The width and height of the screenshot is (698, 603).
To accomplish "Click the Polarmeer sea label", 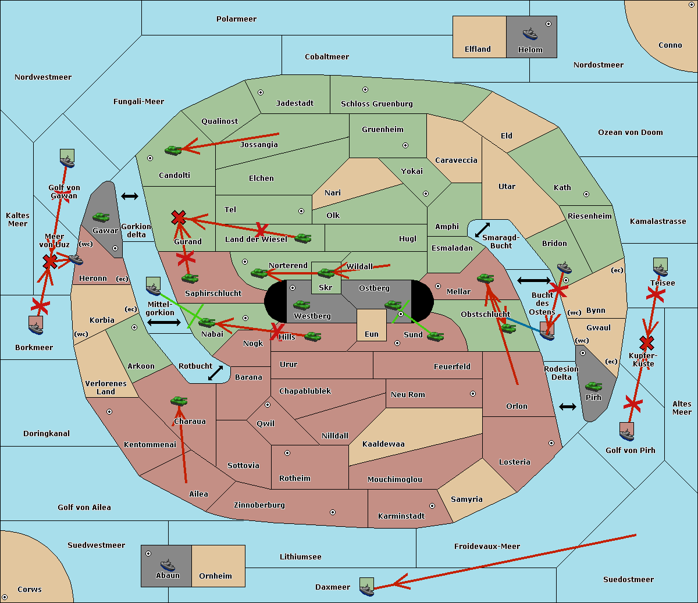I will click(x=236, y=19).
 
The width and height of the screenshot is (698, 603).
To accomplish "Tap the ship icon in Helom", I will click(x=530, y=34).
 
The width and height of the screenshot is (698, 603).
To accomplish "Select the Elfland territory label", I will click(x=478, y=49).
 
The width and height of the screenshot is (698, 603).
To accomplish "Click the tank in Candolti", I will click(x=173, y=150).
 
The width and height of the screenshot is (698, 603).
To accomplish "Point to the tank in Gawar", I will click(x=101, y=217).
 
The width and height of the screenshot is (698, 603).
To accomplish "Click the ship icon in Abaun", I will click(x=168, y=565).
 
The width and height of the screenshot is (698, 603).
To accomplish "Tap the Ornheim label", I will click(x=215, y=576).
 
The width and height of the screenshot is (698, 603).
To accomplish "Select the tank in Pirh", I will click(x=593, y=387).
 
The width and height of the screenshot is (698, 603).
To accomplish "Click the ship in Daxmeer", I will click(x=366, y=587).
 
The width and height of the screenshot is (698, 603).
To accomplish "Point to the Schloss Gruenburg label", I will click(x=376, y=104).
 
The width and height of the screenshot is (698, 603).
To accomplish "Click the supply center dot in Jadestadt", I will click(x=261, y=92).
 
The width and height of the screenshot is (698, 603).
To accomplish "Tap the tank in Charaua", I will click(x=179, y=401).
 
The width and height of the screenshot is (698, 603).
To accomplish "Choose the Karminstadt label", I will click(x=401, y=516).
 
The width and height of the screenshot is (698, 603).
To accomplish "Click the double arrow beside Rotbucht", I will click(x=216, y=373).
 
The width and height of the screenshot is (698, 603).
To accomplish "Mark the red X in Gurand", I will click(x=179, y=218).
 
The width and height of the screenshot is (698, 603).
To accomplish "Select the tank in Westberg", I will click(x=301, y=305).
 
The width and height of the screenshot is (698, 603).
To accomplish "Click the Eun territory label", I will click(x=372, y=334).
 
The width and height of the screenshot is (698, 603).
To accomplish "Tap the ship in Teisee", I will click(x=660, y=269).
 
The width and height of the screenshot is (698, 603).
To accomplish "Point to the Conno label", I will click(x=670, y=45).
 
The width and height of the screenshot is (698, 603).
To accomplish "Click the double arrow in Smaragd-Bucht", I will click(x=483, y=230).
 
